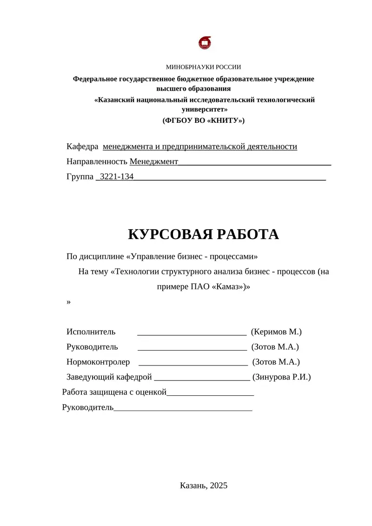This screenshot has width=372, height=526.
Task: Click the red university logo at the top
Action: click(x=205, y=43)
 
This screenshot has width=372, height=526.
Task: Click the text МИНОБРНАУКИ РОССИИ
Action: click(x=204, y=67)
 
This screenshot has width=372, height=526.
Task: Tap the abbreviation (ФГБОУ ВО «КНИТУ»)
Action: click(x=203, y=120)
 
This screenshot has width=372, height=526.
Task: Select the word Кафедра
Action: click(x=82, y=147)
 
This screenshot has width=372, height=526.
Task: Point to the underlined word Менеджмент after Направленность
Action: click(x=154, y=162)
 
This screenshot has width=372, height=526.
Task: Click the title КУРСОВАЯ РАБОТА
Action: click(x=203, y=234)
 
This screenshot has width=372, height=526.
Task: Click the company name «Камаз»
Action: click(x=229, y=286)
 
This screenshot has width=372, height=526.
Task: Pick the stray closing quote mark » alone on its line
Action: click(x=69, y=302)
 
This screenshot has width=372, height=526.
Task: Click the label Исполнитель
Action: click(x=91, y=332)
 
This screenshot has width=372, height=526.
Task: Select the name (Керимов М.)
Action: click(x=276, y=332)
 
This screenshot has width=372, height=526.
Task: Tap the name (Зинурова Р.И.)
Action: click(x=281, y=377)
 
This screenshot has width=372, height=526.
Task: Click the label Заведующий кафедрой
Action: click(x=109, y=377)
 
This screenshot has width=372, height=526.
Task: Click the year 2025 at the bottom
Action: click(x=219, y=486)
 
